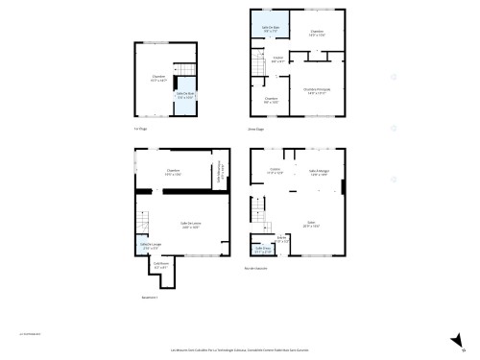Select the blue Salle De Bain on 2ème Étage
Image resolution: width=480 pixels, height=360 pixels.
click(x=271, y=29)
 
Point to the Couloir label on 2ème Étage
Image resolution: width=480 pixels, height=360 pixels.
click(x=277, y=60)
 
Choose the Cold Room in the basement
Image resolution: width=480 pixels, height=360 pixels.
click(x=161, y=266)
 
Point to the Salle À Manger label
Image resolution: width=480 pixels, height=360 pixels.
click(x=320, y=173)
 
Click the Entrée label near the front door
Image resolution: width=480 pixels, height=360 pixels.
click(x=282, y=239)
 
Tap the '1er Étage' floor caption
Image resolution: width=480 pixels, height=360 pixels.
click(x=141, y=128)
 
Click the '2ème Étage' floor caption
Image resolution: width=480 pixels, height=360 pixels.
click(x=255, y=128)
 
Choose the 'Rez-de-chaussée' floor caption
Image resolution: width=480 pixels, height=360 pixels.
click(x=256, y=268)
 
